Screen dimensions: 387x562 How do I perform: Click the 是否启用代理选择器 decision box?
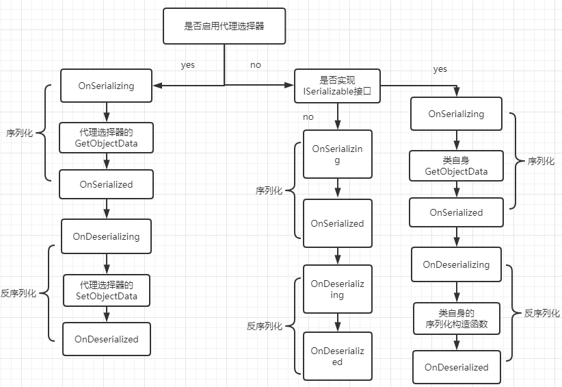224,27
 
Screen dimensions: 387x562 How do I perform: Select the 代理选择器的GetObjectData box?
106,138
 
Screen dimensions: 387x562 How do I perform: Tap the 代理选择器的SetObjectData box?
106,290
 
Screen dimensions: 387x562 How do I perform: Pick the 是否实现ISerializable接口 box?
336,86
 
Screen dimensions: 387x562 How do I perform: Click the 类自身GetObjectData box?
456,166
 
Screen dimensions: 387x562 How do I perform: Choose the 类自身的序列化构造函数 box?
456,319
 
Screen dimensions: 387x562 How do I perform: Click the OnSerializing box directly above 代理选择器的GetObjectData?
106,86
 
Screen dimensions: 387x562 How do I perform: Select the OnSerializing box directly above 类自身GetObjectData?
456,114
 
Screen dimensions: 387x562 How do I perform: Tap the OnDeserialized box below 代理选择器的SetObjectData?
106,339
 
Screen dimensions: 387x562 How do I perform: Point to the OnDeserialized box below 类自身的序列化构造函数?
456,367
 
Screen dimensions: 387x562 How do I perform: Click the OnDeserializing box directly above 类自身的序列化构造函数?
456,264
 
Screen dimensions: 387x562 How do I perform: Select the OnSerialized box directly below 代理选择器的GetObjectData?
106,184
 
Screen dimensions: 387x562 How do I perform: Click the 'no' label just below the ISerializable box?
308,117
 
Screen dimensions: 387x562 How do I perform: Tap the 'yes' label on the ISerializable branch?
440,69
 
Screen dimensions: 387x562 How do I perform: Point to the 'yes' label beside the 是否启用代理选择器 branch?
187,65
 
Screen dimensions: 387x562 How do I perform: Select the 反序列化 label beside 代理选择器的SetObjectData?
18,293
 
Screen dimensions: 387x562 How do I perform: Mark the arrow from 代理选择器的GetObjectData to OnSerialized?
106,162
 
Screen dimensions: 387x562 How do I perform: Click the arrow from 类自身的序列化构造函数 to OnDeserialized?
456,342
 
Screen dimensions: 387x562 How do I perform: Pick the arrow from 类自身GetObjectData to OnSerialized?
456,190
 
